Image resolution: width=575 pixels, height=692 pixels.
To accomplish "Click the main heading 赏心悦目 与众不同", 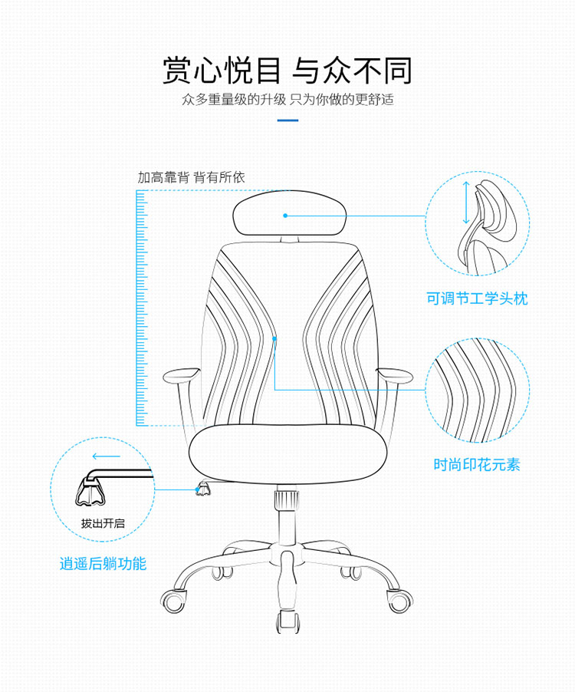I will [x=287, y=70].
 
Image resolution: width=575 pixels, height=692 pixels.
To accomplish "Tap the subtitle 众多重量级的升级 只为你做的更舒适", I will [x=287, y=100].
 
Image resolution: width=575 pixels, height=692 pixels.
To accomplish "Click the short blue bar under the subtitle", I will [x=287, y=120].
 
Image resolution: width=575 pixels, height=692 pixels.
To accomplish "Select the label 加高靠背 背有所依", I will [x=191, y=177].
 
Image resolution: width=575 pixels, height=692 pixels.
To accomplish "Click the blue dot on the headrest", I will [x=285, y=216].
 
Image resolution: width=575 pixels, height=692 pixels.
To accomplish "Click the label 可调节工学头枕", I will [x=477, y=298].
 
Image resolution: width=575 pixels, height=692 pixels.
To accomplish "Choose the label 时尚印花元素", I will [x=477, y=464].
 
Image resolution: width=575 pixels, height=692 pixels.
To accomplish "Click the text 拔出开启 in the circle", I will [x=103, y=523].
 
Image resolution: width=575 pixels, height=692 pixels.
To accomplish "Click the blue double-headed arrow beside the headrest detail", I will [x=465, y=203].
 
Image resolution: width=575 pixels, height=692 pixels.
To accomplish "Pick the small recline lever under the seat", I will [x=204, y=488].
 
